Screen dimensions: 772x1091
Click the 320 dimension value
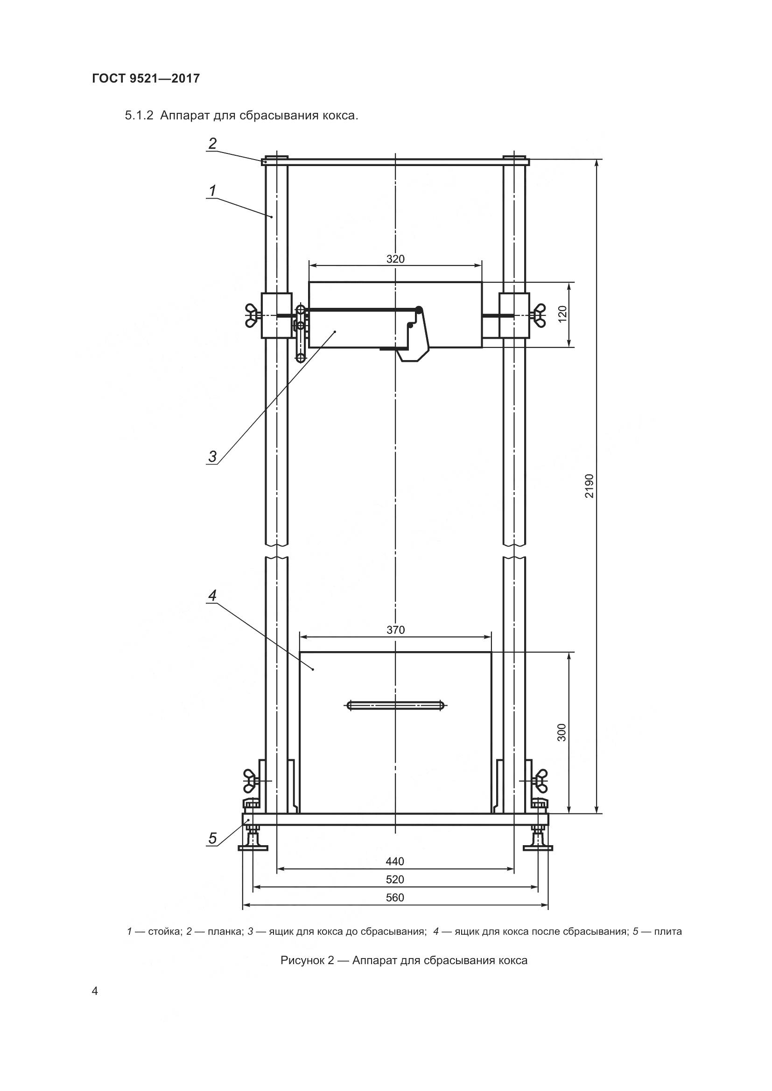(395, 259)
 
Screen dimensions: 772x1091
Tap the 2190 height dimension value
(590, 486)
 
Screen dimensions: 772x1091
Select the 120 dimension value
(563, 314)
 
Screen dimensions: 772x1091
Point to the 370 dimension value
(395, 630)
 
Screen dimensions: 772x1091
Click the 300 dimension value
(562, 733)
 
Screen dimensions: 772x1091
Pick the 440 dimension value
(395, 862)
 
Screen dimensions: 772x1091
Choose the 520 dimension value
(395, 880)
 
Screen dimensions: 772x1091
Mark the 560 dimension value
(395, 897)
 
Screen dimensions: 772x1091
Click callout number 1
(212, 191)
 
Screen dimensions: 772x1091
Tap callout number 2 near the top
(212, 143)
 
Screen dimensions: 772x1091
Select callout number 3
(212, 457)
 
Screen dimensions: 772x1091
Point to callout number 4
(212, 595)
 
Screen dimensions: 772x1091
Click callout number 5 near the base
(212, 839)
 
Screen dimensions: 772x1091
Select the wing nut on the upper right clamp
(539, 314)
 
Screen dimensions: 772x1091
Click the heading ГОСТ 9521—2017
(146, 78)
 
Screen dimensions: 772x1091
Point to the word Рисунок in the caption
(302, 960)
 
